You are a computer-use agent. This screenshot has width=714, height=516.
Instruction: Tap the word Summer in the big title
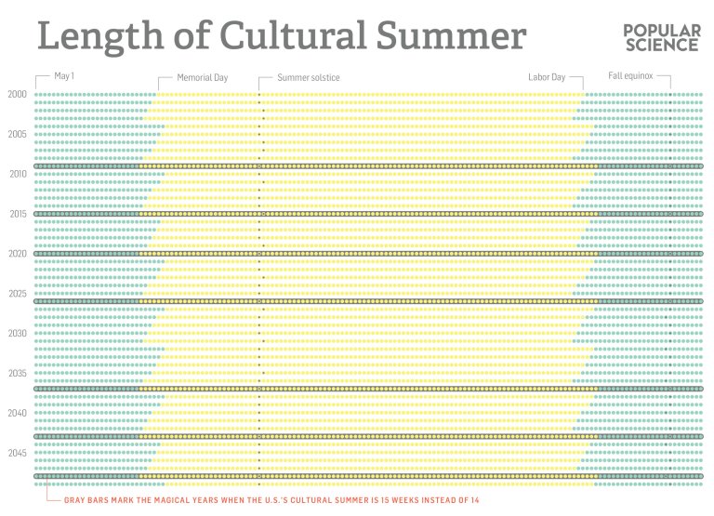447,38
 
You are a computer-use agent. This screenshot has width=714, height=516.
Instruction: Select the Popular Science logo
662,38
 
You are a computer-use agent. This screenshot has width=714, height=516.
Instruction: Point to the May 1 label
64,77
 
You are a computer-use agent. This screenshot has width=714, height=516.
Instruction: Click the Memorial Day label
202,78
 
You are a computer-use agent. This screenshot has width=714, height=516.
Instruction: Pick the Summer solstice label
304,78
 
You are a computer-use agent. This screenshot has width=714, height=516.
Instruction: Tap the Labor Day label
547,78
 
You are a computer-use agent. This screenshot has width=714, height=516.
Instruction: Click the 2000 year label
17,94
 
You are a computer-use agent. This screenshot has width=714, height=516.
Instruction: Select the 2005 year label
17,134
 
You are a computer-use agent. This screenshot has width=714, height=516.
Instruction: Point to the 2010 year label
17,174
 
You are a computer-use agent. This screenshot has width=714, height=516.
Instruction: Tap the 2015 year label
17,214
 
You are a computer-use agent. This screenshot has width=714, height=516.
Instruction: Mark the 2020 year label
17,254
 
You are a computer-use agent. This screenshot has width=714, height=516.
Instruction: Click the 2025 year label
17,294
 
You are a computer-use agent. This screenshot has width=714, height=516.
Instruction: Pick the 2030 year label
17,334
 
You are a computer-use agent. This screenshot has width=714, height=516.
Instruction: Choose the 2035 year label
17,374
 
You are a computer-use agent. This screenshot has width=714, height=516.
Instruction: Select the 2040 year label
17,413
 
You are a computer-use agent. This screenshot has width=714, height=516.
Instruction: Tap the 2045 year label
17,453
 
